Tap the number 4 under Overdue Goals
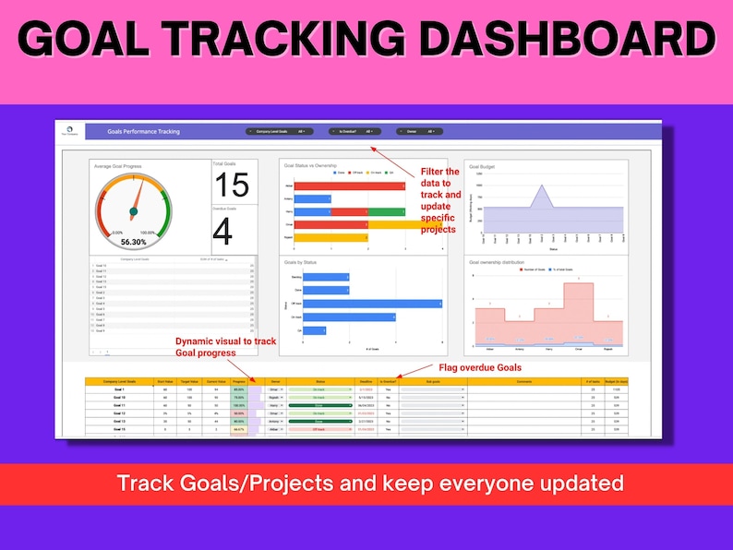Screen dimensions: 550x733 click(222, 233)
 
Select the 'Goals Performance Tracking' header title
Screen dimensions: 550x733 click(143, 132)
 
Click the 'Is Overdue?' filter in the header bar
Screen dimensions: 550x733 click(355, 132)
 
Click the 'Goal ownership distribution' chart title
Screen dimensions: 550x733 click(504, 261)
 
